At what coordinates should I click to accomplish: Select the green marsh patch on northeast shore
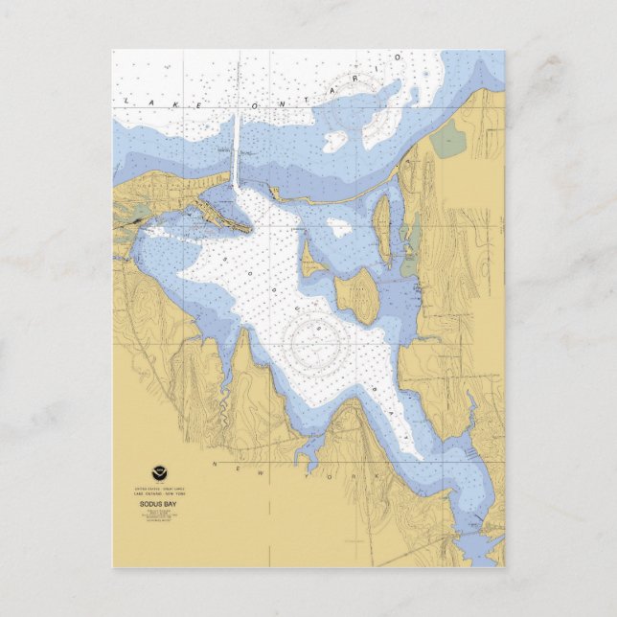point(445,143)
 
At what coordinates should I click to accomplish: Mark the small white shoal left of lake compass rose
point(334,140)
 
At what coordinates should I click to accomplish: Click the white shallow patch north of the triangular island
point(339,228)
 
